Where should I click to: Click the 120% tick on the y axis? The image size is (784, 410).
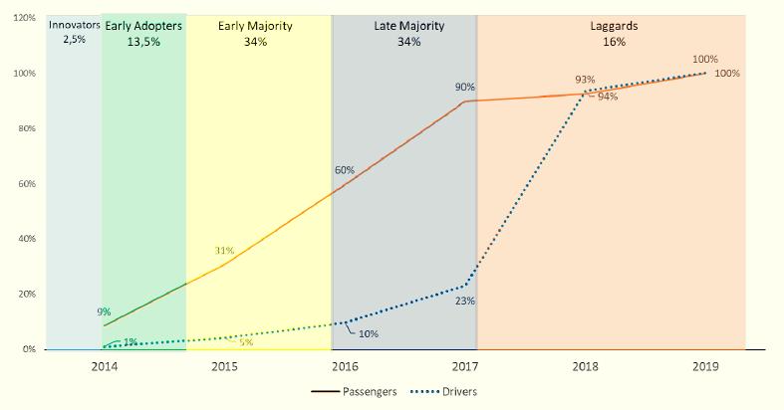(x=25, y=18)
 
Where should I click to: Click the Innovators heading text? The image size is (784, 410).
(x=75, y=26)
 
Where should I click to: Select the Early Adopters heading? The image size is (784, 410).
(x=143, y=26)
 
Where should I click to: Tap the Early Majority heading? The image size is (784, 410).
(x=255, y=26)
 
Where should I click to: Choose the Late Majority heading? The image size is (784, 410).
(x=408, y=26)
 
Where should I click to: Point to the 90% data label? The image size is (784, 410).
(x=464, y=88)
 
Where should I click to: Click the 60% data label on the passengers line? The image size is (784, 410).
(x=345, y=170)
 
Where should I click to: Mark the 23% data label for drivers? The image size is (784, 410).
(x=464, y=301)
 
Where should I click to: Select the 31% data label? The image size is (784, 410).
(x=223, y=250)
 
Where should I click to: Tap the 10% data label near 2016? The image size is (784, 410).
(x=368, y=333)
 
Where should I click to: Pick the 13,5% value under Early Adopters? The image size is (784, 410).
(x=143, y=43)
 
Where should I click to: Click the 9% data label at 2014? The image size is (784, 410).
(x=104, y=311)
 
